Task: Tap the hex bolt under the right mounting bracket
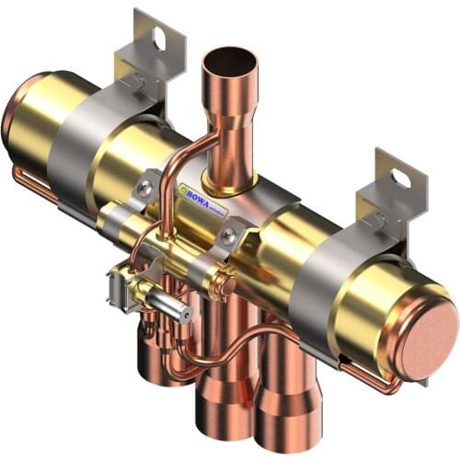[x=376, y=221]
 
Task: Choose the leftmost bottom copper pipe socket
[x=158, y=359]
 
